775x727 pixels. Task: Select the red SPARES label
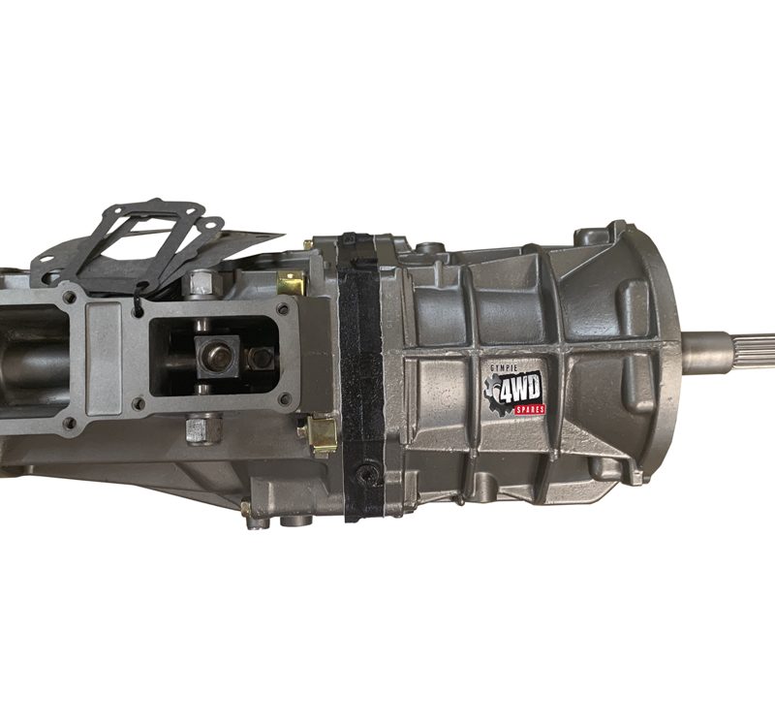click(529, 409)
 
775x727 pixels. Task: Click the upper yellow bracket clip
click(291, 283)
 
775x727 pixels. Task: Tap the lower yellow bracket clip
click(322, 434)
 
